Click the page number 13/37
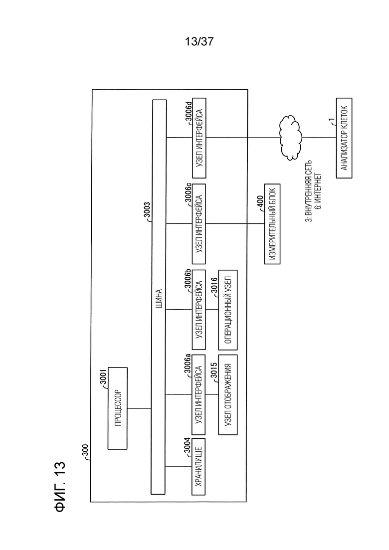pyautogui.click(x=199, y=42)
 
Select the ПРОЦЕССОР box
pyautogui.click(x=118, y=408)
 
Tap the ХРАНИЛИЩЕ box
pyautogui.click(x=198, y=467)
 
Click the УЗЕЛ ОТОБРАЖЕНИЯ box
pyautogui.click(x=227, y=394)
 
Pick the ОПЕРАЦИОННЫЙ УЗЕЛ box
pyautogui.click(x=227, y=310)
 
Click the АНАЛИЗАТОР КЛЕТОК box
pyautogui.click(x=344, y=138)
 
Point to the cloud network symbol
pyautogui.click(x=291, y=138)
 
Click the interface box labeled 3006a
pyautogui.click(x=198, y=394)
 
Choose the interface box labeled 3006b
pyautogui.click(x=198, y=310)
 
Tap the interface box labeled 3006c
pyautogui.click(x=199, y=224)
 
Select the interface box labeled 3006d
pyautogui.click(x=199, y=138)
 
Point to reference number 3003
pyautogui.click(x=147, y=210)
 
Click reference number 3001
pyautogui.click(x=103, y=377)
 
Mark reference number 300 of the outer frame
pyautogui.click(x=86, y=451)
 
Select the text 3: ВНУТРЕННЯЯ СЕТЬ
pyautogui.click(x=308, y=191)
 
